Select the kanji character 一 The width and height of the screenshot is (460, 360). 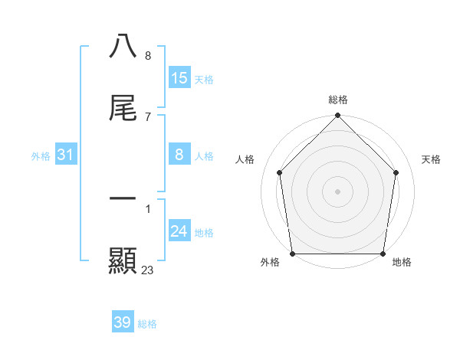click(123, 199)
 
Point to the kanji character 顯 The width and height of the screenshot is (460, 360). click(123, 260)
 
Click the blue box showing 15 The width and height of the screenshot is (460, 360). click(179, 77)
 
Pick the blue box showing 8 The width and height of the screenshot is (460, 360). click(179, 155)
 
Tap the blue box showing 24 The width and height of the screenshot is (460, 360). click(179, 231)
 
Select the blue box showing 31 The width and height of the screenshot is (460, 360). click(66, 155)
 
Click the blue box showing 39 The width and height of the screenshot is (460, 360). click(123, 322)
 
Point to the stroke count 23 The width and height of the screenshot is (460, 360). click(148, 270)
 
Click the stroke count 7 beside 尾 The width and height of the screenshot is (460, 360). click(148, 116)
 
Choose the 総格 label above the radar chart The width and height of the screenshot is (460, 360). click(338, 100)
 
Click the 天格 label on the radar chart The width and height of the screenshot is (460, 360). click(432, 159)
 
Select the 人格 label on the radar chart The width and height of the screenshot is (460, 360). click(245, 159)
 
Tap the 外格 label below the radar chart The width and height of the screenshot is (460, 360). click(270, 263)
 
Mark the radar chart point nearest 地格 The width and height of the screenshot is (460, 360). click(383, 254)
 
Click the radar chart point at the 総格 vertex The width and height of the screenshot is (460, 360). click(338, 116)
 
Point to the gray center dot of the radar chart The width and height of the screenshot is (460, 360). click(338, 191)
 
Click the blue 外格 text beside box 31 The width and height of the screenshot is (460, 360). click(41, 155)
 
